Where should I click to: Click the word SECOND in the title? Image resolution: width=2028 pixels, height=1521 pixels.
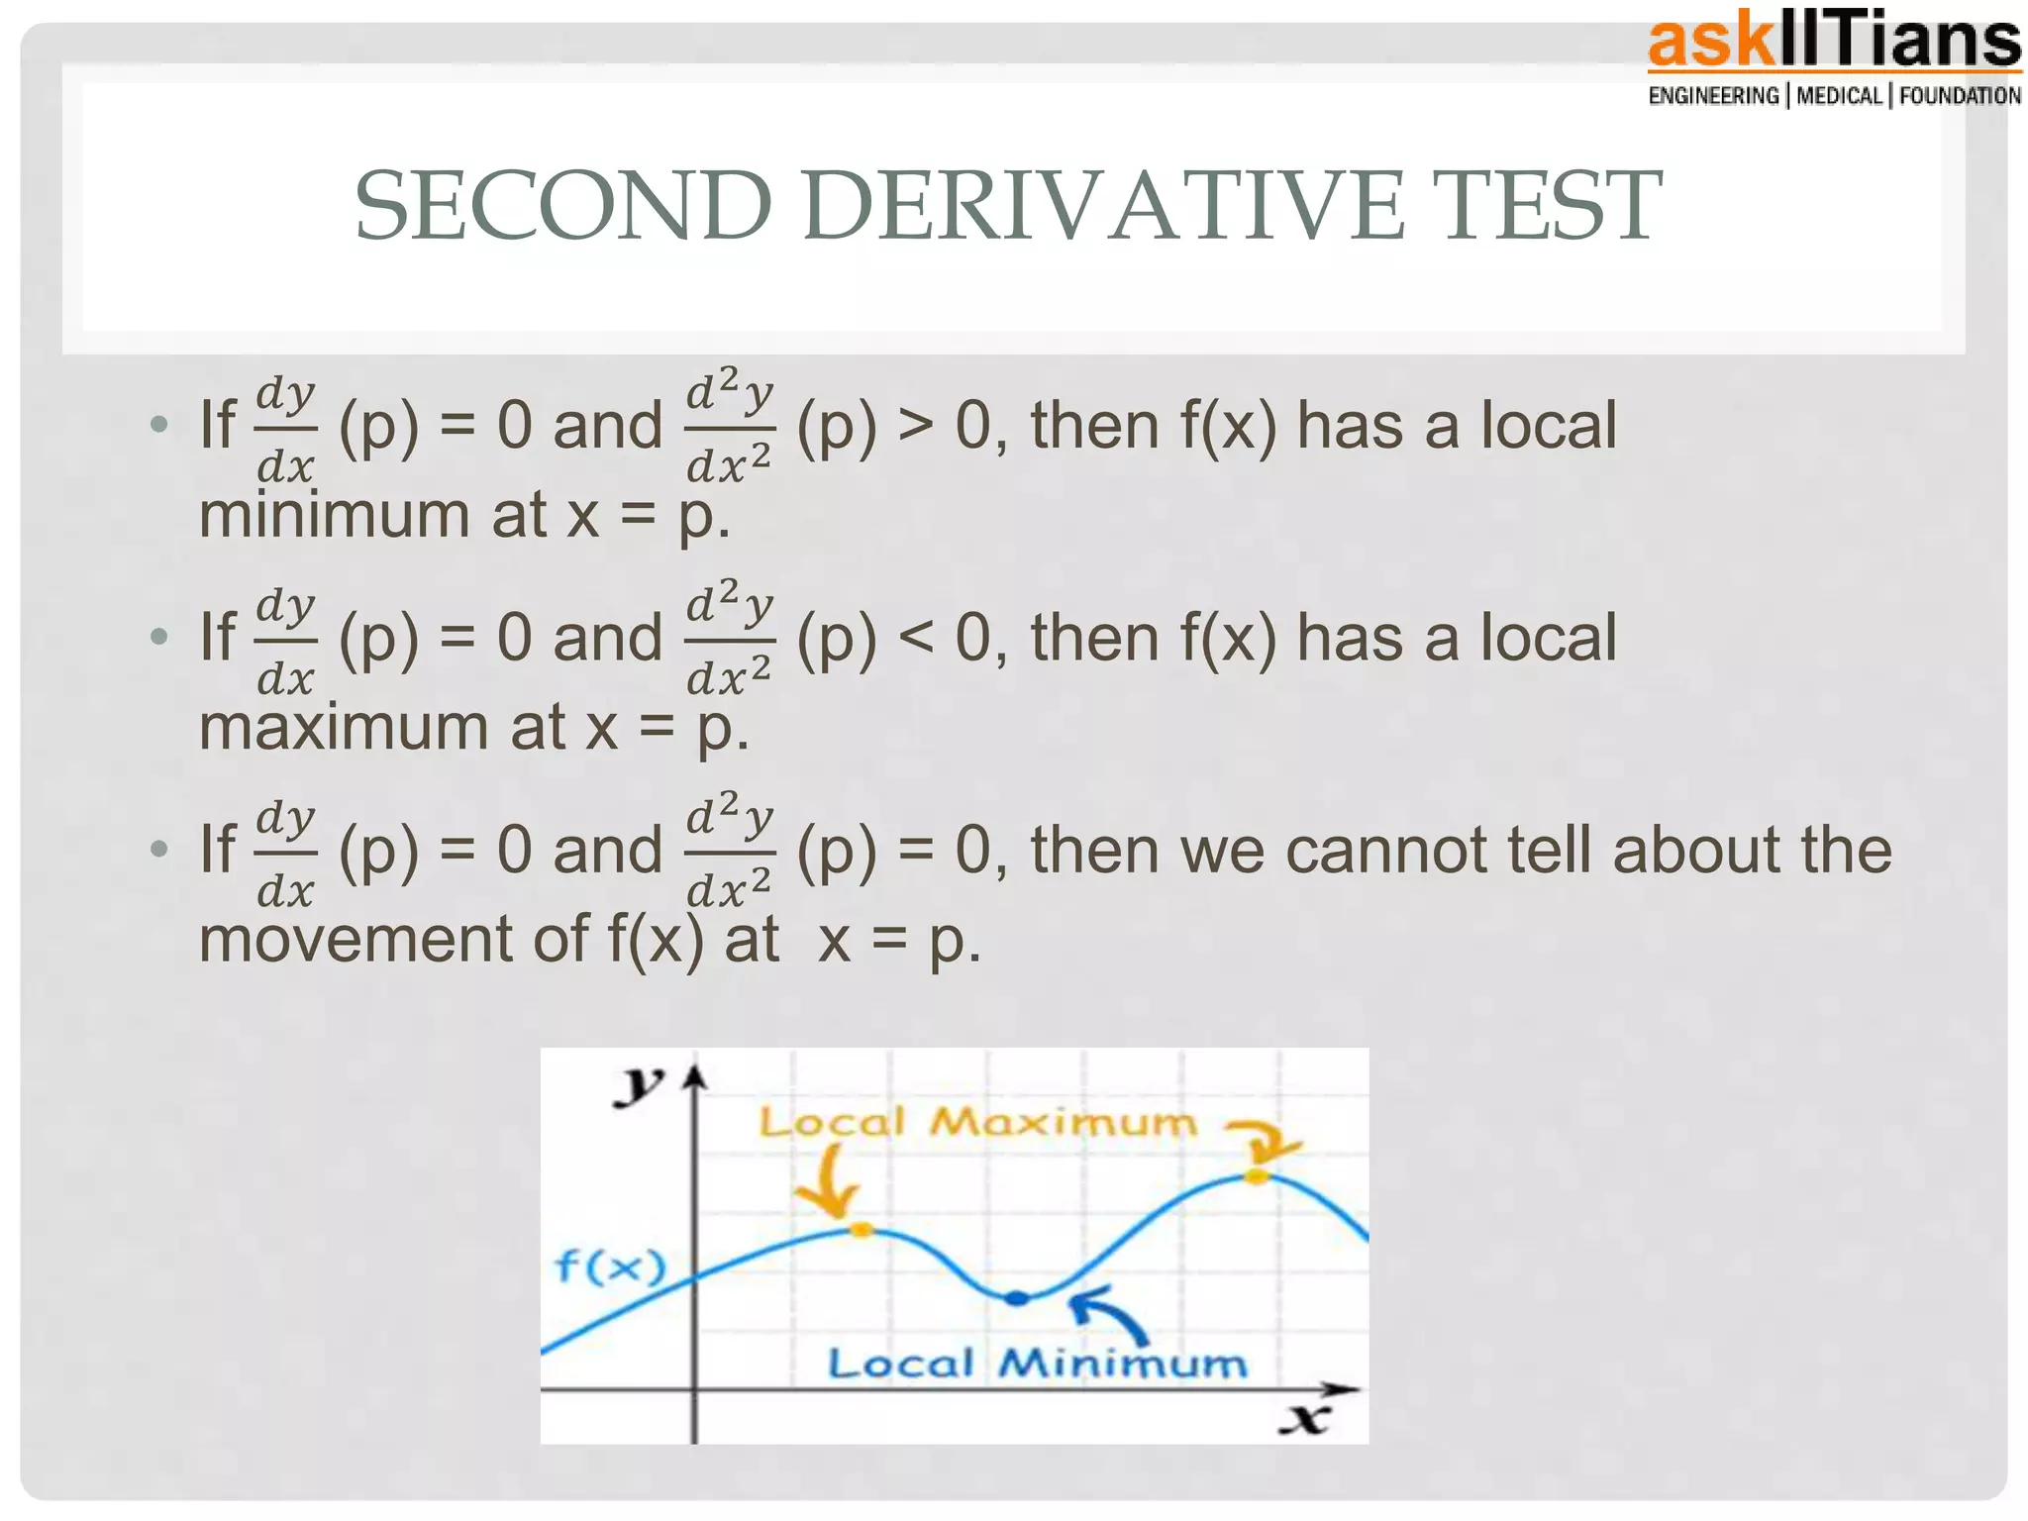point(562,206)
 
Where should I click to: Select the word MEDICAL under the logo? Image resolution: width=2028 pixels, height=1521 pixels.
point(1839,96)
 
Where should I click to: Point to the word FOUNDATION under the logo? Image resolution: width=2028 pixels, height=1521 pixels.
point(1960,96)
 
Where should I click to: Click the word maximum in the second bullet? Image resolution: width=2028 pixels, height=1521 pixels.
point(344,727)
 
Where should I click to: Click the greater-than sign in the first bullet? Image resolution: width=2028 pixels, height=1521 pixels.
point(916,426)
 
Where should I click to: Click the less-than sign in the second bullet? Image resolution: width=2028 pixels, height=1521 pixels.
point(916,638)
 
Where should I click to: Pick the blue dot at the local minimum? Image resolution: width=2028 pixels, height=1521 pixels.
point(1017,1298)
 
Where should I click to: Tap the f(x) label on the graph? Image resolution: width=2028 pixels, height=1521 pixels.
point(610,1267)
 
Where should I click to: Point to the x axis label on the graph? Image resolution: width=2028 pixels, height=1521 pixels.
point(1305,1419)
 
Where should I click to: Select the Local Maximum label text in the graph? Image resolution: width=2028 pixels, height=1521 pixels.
point(978,1123)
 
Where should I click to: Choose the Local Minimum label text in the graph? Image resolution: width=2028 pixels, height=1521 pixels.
point(1037,1364)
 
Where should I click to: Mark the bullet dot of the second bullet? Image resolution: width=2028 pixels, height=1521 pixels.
point(158,637)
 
